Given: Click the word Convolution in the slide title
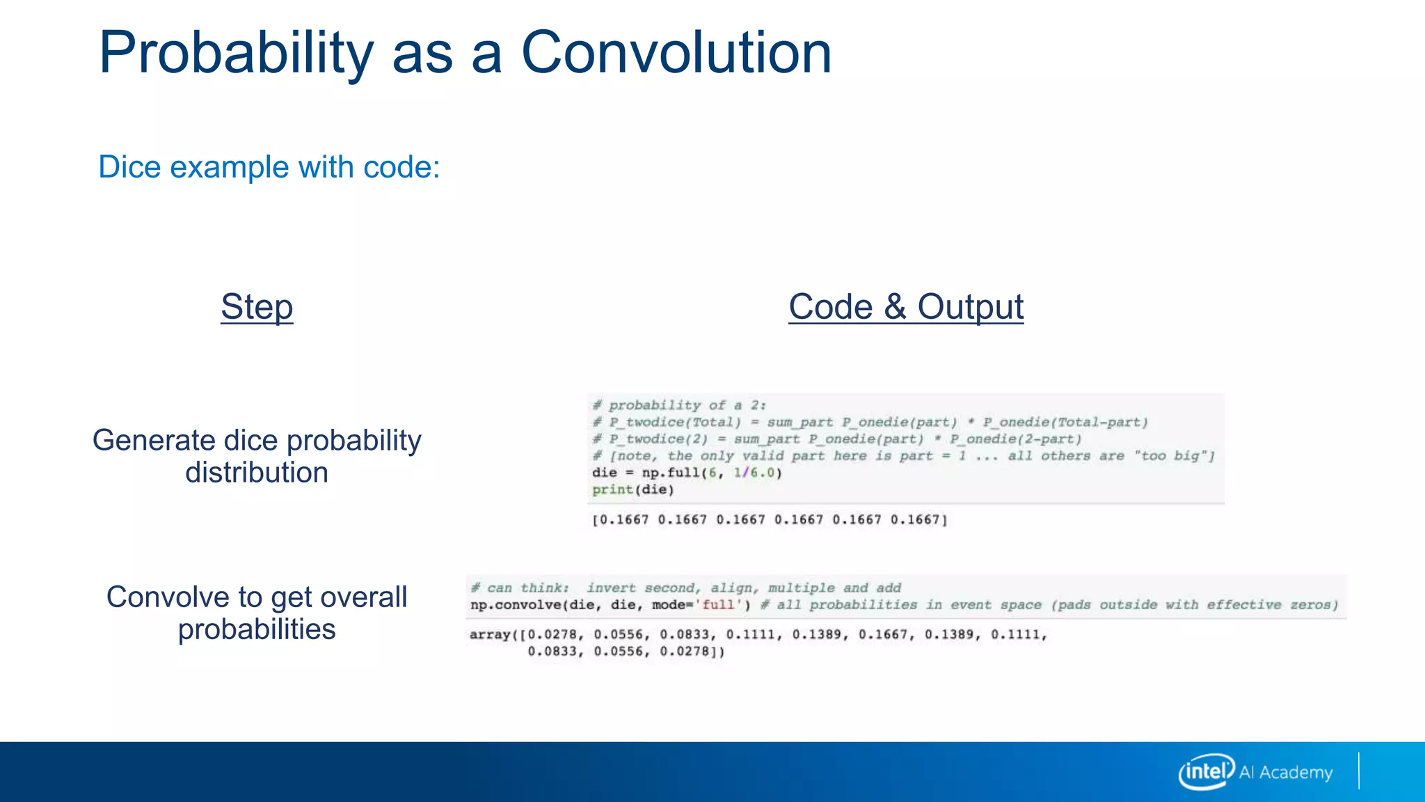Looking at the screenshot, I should (x=676, y=53).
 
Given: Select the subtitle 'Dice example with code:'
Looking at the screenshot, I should (x=269, y=167).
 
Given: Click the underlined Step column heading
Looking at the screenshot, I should (x=257, y=307).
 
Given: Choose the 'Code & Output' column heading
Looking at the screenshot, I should (x=906, y=307).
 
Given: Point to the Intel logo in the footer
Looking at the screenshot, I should (x=1207, y=771).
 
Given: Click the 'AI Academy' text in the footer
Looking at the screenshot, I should (x=1286, y=773).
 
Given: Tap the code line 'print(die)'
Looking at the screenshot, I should (x=633, y=490).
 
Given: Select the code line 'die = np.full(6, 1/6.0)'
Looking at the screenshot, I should (x=687, y=473).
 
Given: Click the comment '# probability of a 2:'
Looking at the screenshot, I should (x=679, y=405).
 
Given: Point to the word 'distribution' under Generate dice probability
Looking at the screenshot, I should (x=257, y=473).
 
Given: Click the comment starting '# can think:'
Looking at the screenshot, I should (x=685, y=588).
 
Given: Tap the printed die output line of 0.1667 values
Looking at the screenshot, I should (x=770, y=520).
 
